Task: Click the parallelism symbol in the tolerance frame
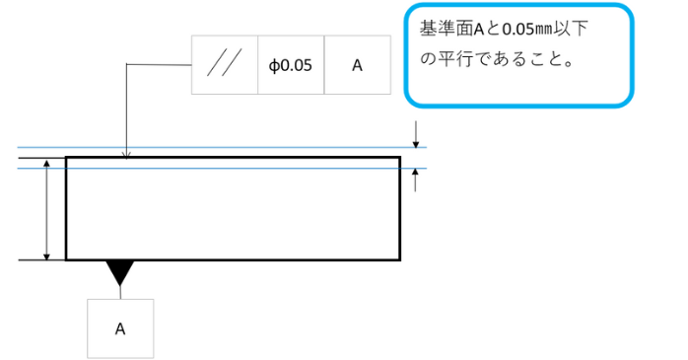click(x=224, y=66)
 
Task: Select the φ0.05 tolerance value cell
click(x=290, y=66)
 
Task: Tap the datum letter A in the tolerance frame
click(x=357, y=66)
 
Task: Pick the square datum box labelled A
click(x=120, y=328)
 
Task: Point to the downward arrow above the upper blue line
click(x=416, y=135)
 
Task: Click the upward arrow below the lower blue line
click(x=416, y=179)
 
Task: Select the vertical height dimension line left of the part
click(x=47, y=212)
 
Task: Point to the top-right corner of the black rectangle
click(x=400, y=157)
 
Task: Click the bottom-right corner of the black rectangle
click(x=400, y=260)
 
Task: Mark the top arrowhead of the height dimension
click(x=47, y=171)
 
